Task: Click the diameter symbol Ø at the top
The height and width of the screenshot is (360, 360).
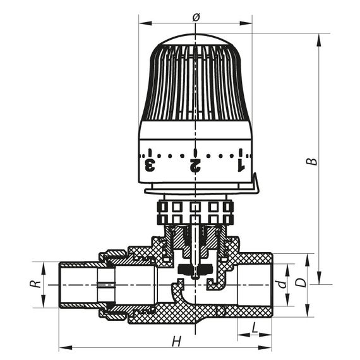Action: point(195,17)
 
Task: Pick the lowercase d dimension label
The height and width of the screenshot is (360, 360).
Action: point(284,283)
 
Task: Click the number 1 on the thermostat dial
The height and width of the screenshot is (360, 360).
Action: point(240,166)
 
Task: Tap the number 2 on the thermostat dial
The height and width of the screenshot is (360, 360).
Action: point(195,166)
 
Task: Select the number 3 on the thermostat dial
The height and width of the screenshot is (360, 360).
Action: point(150,166)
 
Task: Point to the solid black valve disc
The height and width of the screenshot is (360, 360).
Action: point(194,271)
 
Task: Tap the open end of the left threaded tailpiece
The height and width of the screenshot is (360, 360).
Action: point(61,285)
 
